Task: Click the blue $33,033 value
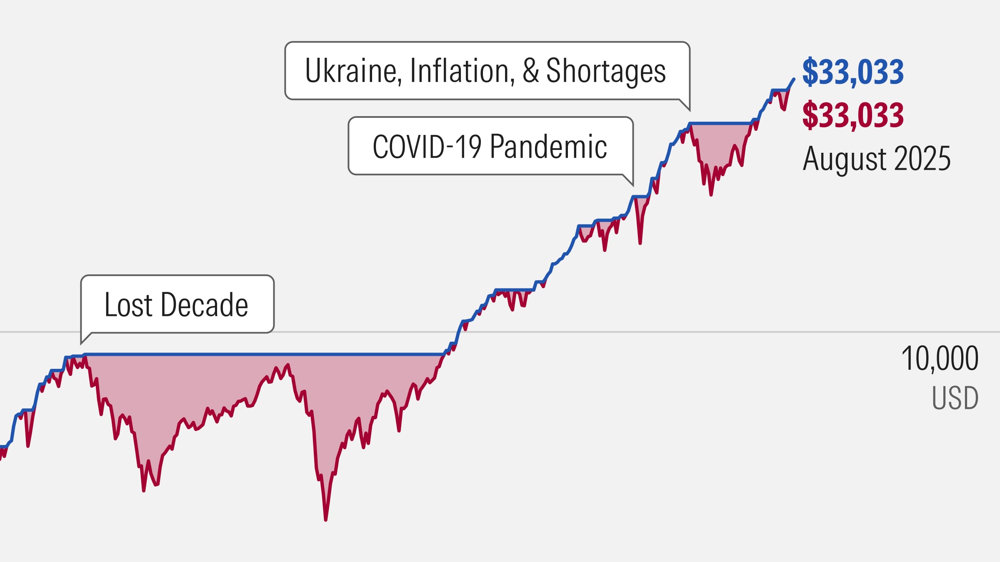pos(852,72)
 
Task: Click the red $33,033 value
pos(852,115)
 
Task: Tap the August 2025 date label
pos(876,159)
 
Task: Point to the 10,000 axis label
pos(940,358)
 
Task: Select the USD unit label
pos(955,398)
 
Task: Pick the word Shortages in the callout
pos(606,71)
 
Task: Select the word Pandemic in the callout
pos(548,147)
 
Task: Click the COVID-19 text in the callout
pos(427,147)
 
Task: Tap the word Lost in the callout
pos(129,305)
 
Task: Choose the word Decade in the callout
pos(204,305)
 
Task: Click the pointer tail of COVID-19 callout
pos(631,182)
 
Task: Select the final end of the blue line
pos(794,79)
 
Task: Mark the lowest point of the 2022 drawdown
pos(711,194)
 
